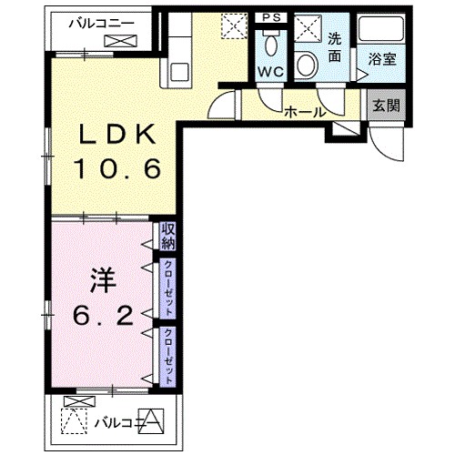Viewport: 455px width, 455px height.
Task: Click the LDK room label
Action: (117, 134)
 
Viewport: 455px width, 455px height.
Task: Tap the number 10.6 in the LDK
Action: (117, 169)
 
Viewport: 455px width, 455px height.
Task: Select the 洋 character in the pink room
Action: (103, 280)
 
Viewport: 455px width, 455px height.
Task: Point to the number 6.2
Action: (103, 316)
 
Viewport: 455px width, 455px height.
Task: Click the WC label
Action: (271, 72)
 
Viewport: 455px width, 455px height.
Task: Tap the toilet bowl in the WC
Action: (271, 45)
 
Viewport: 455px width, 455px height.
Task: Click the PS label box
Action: (271, 17)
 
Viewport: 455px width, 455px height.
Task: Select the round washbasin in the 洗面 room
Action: (307, 66)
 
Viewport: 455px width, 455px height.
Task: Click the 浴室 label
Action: (382, 59)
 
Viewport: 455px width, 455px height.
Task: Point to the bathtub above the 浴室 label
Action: (381, 29)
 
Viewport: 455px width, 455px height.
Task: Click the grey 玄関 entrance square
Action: (386, 106)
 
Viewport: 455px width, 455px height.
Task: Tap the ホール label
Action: (305, 113)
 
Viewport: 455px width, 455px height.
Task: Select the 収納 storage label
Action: (168, 237)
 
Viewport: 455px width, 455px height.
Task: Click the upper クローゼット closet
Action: (167, 288)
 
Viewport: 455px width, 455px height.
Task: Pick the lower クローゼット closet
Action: (167, 357)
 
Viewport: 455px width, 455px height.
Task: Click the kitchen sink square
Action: (179, 72)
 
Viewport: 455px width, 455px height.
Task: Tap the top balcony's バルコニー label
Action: (101, 24)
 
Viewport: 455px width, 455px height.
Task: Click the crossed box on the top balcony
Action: (120, 41)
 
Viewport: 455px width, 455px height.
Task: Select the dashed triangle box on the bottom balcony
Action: (74, 421)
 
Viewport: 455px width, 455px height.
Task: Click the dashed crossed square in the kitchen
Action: (234, 26)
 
